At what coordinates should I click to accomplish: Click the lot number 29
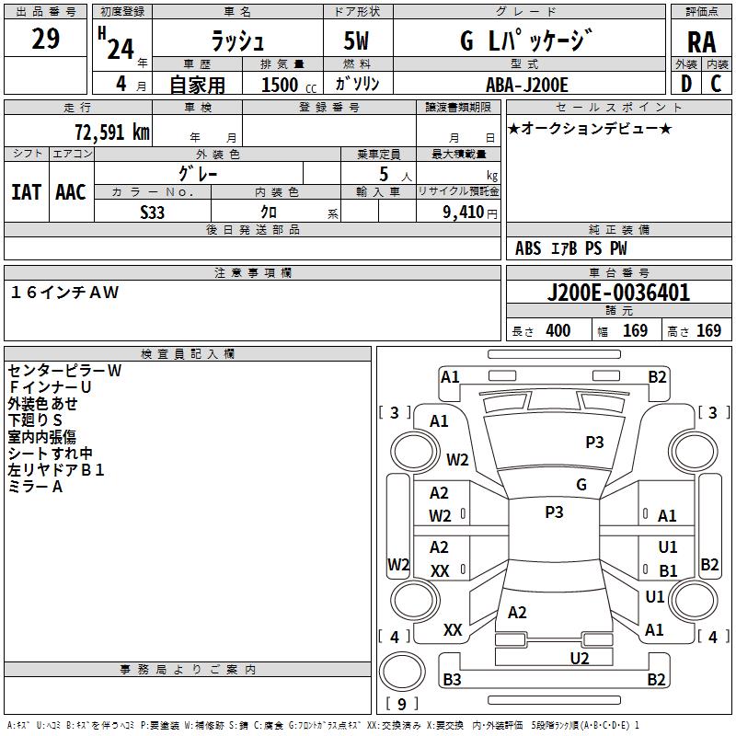(x=45, y=40)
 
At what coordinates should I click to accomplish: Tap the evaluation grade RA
(x=700, y=42)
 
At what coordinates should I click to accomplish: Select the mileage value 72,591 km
(x=111, y=132)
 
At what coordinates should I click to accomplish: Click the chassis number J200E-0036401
(x=617, y=293)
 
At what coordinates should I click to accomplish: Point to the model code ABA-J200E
(x=526, y=85)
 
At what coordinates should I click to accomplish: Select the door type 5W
(x=357, y=41)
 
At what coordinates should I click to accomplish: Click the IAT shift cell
(x=26, y=192)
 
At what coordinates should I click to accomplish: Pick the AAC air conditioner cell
(x=71, y=192)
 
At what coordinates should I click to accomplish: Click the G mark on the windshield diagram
(x=581, y=485)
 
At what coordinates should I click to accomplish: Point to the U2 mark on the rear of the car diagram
(x=579, y=657)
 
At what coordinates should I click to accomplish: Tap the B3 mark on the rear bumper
(x=452, y=680)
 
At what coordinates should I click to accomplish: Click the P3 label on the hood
(x=594, y=442)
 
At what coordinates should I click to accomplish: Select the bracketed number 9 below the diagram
(x=401, y=705)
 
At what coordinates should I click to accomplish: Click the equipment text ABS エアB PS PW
(x=571, y=248)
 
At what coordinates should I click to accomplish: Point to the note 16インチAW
(x=64, y=293)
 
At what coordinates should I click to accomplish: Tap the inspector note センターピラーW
(x=64, y=370)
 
